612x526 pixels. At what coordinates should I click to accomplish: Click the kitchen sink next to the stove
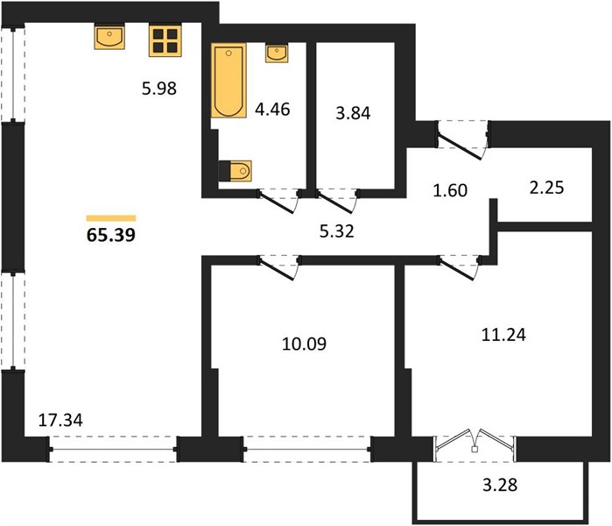point(109,37)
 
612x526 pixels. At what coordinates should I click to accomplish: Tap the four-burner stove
point(165,40)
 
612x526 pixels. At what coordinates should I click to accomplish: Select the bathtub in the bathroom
point(229,81)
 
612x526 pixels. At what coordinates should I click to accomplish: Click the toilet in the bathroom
point(236,171)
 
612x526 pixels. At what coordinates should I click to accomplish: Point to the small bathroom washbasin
point(277,53)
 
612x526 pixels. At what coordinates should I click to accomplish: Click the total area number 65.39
point(111,235)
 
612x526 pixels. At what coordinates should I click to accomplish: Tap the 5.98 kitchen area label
point(159,89)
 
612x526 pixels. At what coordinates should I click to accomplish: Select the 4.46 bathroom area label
point(272,109)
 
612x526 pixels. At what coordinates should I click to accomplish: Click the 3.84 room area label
point(353,113)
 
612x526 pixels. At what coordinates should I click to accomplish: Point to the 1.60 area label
point(450,190)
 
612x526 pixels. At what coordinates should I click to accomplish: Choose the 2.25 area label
point(547,188)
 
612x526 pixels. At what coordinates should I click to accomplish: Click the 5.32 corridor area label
point(337,231)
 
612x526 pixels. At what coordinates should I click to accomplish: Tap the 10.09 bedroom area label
point(304,344)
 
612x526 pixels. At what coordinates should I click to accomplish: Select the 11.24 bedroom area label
point(503,335)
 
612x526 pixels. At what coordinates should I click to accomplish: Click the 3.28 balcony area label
point(500,485)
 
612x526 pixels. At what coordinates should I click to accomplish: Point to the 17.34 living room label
point(60,420)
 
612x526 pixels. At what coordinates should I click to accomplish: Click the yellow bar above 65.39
point(111,218)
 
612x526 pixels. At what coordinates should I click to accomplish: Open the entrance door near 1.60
point(462,140)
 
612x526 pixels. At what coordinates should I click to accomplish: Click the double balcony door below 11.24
point(475,444)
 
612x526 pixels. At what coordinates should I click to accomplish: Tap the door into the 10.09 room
point(279,267)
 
